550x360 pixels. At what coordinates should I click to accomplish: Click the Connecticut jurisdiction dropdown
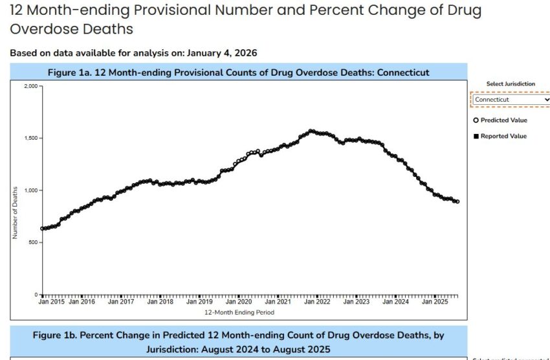[x=511, y=100]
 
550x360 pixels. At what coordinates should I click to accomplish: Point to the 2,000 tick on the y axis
[x=30, y=86]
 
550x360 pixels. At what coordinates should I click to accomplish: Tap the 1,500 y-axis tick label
[x=30, y=138]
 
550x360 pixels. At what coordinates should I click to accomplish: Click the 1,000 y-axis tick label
[x=30, y=190]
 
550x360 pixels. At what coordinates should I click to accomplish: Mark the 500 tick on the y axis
[x=33, y=242]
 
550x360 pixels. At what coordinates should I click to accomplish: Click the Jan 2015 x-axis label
[x=51, y=302]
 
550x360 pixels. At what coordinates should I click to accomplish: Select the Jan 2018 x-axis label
[x=160, y=302]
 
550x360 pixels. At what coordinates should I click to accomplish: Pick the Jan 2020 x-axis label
[x=239, y=302]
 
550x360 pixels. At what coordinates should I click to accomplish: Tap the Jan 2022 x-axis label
[x=318, y=302]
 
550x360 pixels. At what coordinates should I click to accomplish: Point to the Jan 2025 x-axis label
[x=435, y=302]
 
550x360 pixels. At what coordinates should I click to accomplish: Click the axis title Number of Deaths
[x=15, y=212]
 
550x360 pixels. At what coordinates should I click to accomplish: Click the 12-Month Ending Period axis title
[x=239, y=312]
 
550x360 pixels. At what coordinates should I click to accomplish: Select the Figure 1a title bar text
[x=239, y=72]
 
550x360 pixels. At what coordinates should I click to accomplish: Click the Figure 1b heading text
[x=239, y=342]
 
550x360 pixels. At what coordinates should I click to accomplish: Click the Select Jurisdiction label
[x=511, y=84]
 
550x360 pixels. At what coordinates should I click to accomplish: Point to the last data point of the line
[x=457, y=201]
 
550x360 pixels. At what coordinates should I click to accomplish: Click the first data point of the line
[x=42, y=229]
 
